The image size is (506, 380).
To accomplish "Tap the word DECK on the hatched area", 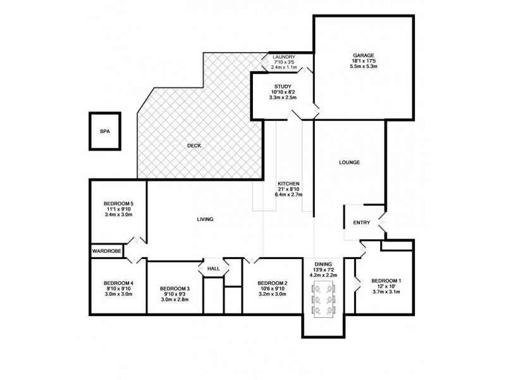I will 194,146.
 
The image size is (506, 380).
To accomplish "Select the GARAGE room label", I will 364,55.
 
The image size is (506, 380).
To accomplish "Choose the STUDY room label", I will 282,86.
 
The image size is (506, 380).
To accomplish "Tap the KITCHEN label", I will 288,183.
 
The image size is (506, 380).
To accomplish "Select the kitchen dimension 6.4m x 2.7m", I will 288,194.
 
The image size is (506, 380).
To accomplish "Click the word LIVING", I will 205,219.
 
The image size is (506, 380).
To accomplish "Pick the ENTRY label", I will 361,222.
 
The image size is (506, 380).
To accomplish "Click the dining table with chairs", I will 323,301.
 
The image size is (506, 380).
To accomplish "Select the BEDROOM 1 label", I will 386,281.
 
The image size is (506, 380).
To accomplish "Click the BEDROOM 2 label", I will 273,283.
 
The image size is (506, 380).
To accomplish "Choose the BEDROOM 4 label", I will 118,283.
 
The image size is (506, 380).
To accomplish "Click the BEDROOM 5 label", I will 118,203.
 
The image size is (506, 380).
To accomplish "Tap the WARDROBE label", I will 107,251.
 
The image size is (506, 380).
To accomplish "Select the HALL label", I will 213,269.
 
